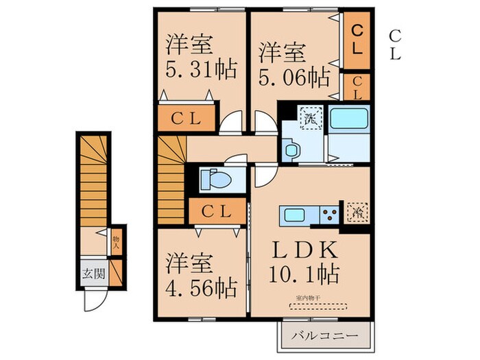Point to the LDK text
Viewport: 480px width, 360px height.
pos(300,248)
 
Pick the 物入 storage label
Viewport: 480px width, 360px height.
pos(116,240)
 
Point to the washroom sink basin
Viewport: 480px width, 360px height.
pos(290,149)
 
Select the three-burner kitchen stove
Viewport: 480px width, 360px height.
pos(329,215)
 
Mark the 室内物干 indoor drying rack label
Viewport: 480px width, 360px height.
pos(308,298)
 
